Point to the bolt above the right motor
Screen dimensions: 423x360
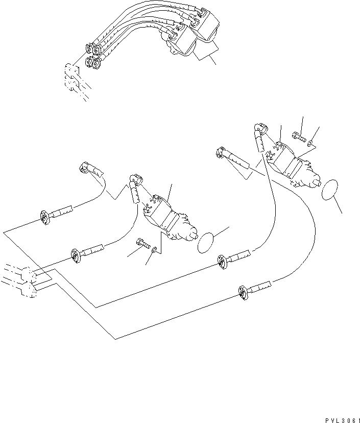pos(298,136)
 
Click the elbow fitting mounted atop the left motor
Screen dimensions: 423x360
pos(134,179)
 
